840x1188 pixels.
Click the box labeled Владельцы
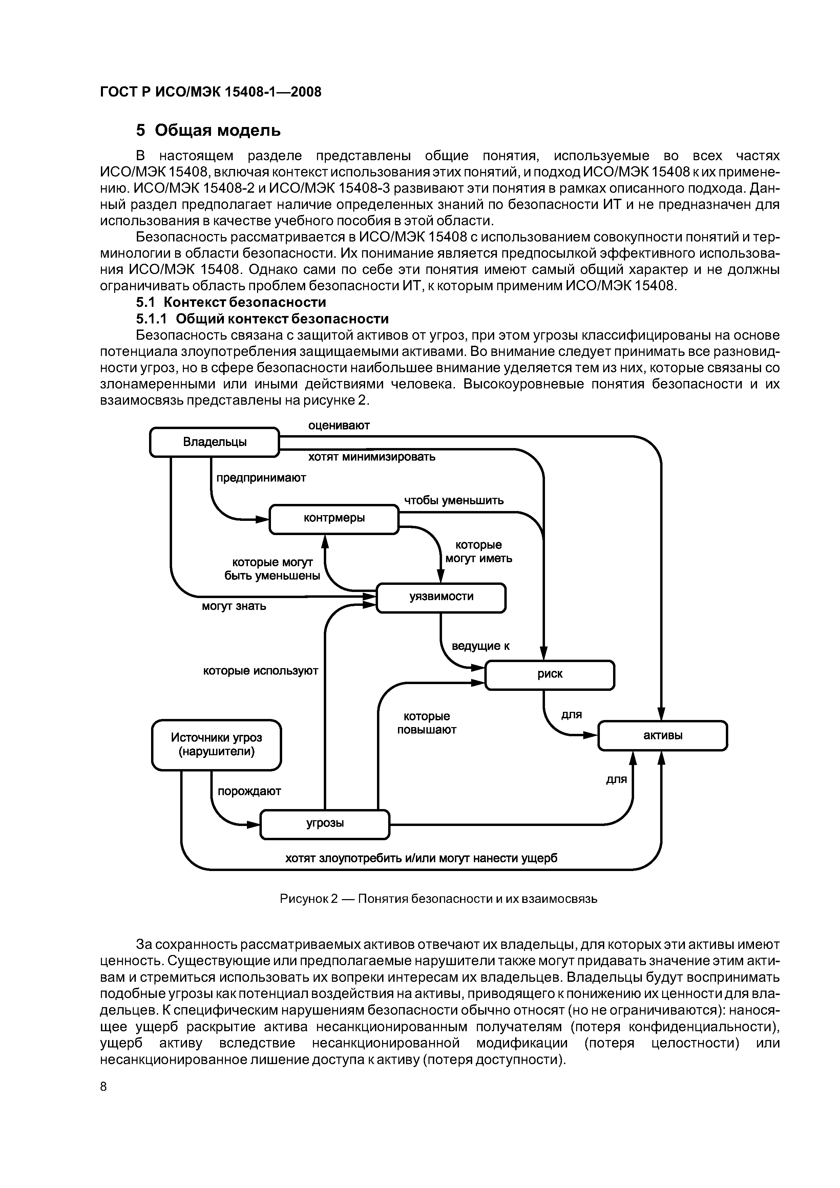pyautogui.click(x=214, y=442)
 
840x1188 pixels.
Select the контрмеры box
pyautogui.click(x=334, y=518)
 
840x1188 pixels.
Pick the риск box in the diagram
pyautogui.click(x=550, y=674)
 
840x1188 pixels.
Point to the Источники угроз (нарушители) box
pyautogui.click(x=216, y=745)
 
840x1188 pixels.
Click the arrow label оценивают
pyautogui.click(x=339, y=425)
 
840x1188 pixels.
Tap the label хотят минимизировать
pyautogui.click(x=372, y=458)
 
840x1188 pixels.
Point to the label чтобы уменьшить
pyautogui.click(x=454, y=500)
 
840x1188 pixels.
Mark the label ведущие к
pyautogui.click(x=481, y=646)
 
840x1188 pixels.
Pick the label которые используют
pyautogui.click(x=260, y=671)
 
